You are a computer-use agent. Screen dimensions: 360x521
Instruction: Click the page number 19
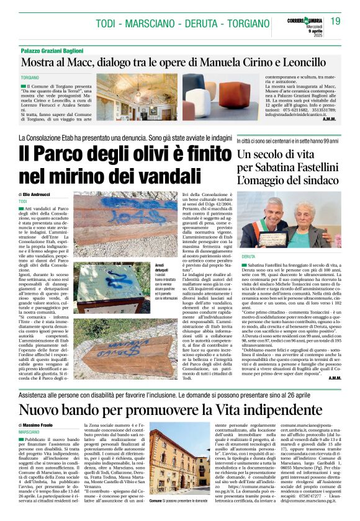(x=335, y=22)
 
